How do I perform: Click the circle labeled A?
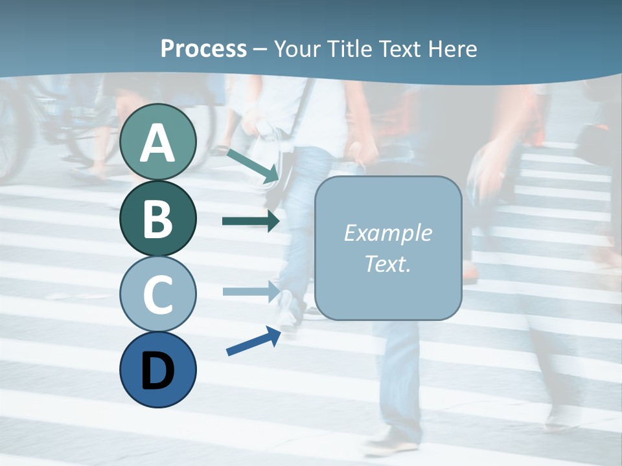pos(157,142)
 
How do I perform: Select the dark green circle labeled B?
pos(157,218)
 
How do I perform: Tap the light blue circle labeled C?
pos(157,294)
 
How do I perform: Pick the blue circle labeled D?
pos(157,370)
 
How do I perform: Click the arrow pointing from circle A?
pos(253,165)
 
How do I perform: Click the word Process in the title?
pos(203,49)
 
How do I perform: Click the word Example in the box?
pos(387,233)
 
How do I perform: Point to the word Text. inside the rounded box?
pos(387,263)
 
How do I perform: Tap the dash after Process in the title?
pos(260,49)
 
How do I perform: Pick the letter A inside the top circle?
pos(157,143)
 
